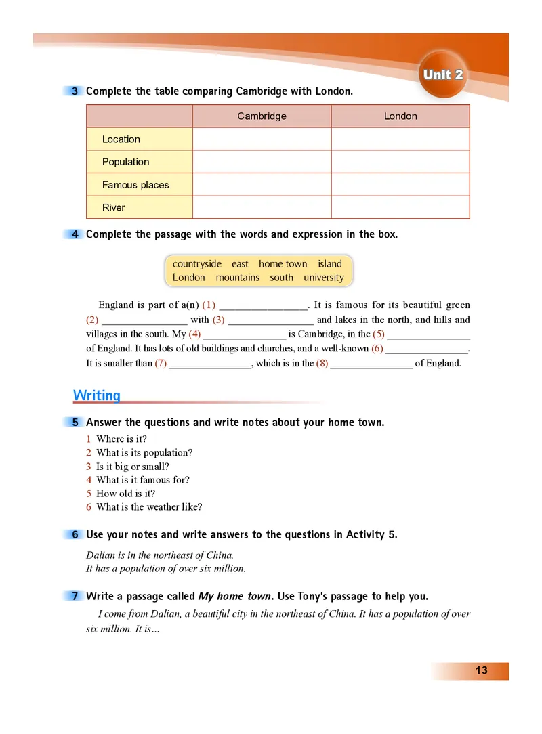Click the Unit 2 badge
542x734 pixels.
click(x=443, y=74)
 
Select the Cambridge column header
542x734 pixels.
click(x=262, y=116)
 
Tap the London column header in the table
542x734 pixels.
click(x=400, y=116)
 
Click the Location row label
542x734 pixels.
click(x=121, y=139)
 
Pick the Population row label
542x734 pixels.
click(x=125, y=162)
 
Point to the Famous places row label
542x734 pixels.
click(x=135, y=185)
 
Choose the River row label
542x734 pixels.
click(x=114, y=208)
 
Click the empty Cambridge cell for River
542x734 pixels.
click(x=262, y=208)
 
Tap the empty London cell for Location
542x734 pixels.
click(x=400, y=139)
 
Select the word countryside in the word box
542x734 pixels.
click(x=196, y=264)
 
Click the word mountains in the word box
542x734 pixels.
click(x=238, y=278)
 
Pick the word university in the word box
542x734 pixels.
click(x=324, y=278)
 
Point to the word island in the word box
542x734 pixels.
click(x=330, y=264)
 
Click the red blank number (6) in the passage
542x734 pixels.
click(x=377, y=349)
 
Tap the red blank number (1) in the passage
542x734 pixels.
click(x=209, y=305)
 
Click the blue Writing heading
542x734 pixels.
click(x=96, y=395)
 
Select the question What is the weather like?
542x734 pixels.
click(x=149, y=506)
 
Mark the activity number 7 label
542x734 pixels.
click(x=75, y=597)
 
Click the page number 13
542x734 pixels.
click(x=481, y=671)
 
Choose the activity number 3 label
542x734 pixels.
click(x=75, y=91)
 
